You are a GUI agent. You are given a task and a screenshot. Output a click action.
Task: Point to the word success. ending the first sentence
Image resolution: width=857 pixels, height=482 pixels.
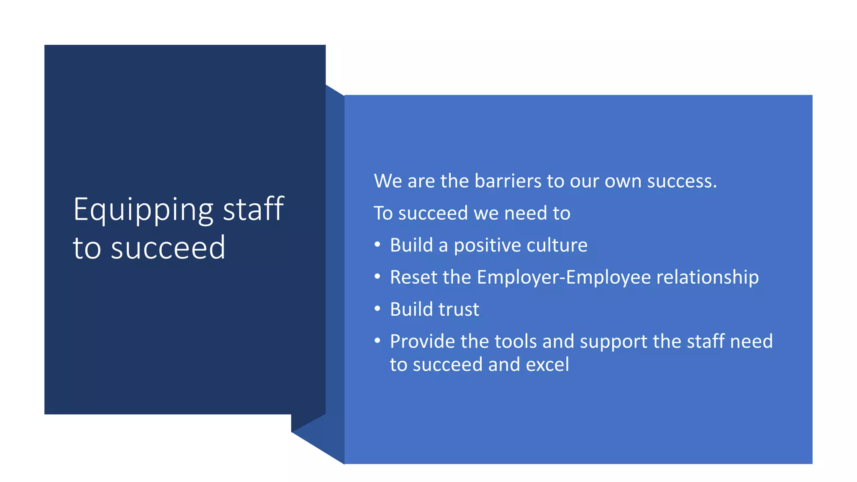682,181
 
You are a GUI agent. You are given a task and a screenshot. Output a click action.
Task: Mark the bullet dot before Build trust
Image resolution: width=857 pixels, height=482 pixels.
377,309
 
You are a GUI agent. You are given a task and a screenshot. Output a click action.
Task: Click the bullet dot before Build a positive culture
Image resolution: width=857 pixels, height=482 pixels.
377,245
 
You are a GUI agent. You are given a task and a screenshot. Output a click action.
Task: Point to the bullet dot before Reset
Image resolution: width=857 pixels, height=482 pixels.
377,277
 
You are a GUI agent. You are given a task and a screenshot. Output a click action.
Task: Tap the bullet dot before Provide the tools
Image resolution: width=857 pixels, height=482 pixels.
377,341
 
